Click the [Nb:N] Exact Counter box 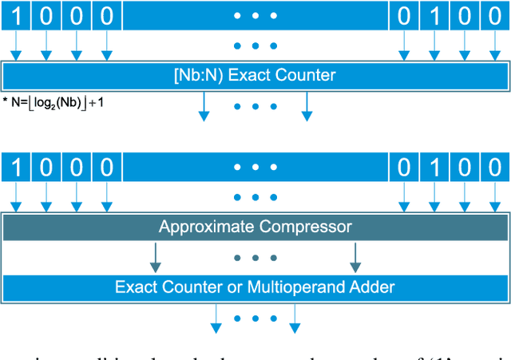[x=255, y=77]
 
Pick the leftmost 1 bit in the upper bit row [x=16, y=15]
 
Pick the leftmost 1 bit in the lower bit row [x=16, y=168]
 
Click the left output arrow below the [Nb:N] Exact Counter [x=204, y=107]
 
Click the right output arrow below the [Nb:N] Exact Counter [x=307, y=107]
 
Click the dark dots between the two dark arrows [x=255, y=258]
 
